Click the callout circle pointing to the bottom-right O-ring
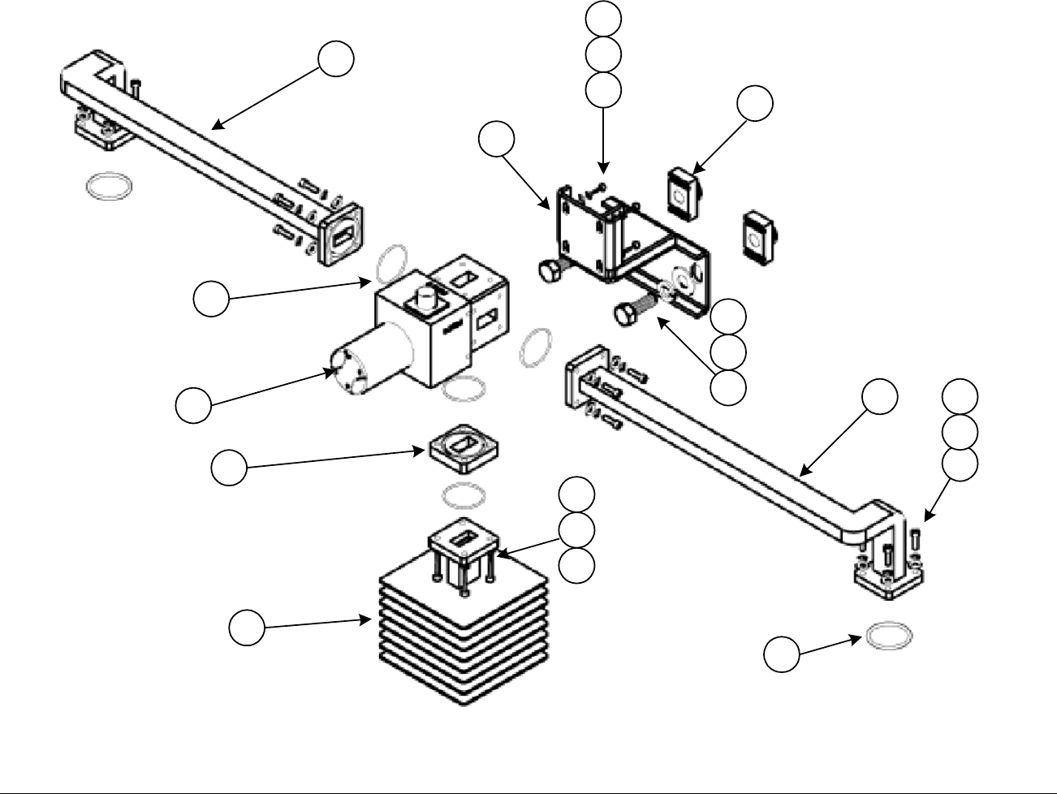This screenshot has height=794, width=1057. tap(783, 655)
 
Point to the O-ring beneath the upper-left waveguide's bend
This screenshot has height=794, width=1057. tap(108, 186)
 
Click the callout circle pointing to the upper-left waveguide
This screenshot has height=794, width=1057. tap(335, 60)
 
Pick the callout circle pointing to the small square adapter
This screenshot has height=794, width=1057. tap(229, 468)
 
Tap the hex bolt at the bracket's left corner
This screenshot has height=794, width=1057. tap(549, 271)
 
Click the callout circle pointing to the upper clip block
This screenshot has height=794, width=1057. tap(755, 103)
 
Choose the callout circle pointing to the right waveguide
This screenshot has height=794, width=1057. tap(880, 396)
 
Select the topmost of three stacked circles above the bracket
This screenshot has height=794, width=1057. tap(604, 18)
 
